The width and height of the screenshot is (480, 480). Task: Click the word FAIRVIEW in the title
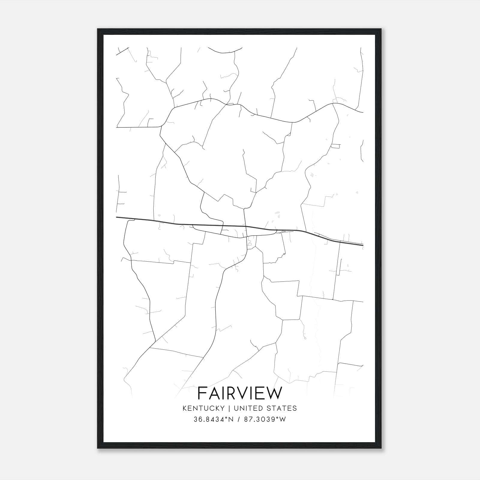coord(240,393)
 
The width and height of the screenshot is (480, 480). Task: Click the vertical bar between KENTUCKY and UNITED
coord(229,408)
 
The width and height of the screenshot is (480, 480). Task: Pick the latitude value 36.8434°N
coord(214,419)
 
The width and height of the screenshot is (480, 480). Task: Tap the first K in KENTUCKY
coord(185,408)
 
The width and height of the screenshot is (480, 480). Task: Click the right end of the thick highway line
coord(363,245)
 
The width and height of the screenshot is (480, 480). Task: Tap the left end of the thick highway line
coord(117,217)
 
